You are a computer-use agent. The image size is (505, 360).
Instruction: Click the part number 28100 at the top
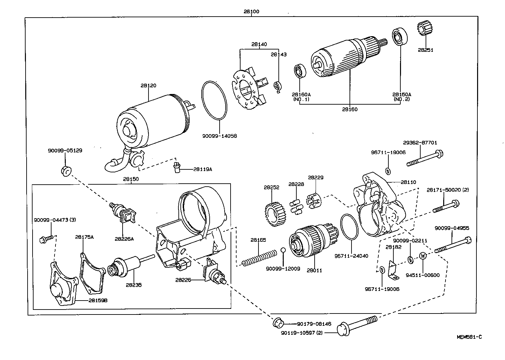[251, 12]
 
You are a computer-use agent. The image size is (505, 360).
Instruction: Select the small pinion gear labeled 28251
[423, 30]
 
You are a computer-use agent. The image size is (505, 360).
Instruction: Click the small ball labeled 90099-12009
[283, 250]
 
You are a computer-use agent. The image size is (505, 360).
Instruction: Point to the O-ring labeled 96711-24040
[349, 227]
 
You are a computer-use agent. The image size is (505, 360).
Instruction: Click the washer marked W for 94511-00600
[423, 256]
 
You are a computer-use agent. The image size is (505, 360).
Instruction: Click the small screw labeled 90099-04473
[46, 238]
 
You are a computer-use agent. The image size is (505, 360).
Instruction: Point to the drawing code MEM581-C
[469, 337]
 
